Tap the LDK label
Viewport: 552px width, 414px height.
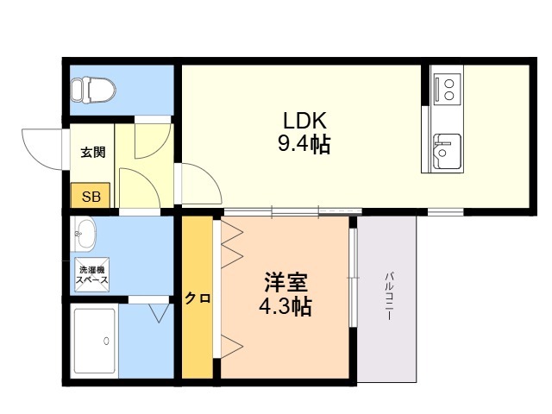click(x=304, y=120)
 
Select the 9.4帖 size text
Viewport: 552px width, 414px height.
click(x=304, y=144)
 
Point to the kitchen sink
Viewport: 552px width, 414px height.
click(x=446, y=152)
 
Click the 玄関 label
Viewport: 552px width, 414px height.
click(x=92, y=153)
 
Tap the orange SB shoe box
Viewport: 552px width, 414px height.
click(x=91, y=197)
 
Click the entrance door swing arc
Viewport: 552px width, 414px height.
click(x=41, y=148)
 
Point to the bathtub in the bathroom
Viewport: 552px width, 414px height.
click(x=94, y=341)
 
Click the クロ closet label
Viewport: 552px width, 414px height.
click(x=198, y=298)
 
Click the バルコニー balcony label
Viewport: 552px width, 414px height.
click(x=389, y=297)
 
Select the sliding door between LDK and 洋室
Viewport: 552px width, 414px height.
click(x=293, y=210)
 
